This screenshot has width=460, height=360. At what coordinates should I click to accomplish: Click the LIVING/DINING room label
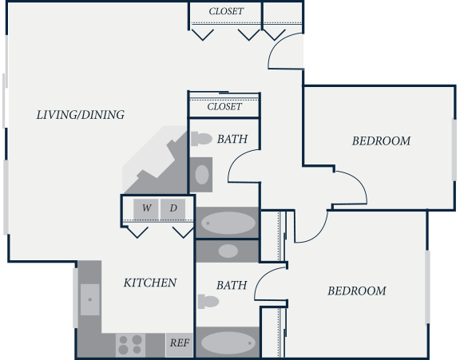81,115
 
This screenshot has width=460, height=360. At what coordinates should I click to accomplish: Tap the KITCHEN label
150,283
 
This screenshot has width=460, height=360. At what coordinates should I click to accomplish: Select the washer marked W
146,208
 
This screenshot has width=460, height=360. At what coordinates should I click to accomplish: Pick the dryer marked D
172,208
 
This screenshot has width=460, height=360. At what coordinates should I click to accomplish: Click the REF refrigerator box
179,345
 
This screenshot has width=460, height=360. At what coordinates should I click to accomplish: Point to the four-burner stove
130,345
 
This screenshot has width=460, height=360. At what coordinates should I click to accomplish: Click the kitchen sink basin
89,299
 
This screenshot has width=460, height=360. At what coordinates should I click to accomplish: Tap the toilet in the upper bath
201,139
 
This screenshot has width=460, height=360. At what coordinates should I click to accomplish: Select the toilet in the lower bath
208,302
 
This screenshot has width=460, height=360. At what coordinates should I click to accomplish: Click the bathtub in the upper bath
228,223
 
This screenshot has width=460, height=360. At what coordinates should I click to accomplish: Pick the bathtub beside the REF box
228,342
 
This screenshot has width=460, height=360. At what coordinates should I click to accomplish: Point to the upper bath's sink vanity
201,175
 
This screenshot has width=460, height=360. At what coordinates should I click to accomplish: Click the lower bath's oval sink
228,251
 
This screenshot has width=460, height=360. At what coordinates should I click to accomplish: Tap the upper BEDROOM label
381,141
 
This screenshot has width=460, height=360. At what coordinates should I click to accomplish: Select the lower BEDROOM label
357,291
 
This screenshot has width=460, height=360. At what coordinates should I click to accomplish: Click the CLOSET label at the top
226,11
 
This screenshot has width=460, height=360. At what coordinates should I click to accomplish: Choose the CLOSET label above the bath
224,107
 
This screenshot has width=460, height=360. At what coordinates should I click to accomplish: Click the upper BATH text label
232,139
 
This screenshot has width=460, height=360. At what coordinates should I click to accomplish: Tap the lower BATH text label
232,285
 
